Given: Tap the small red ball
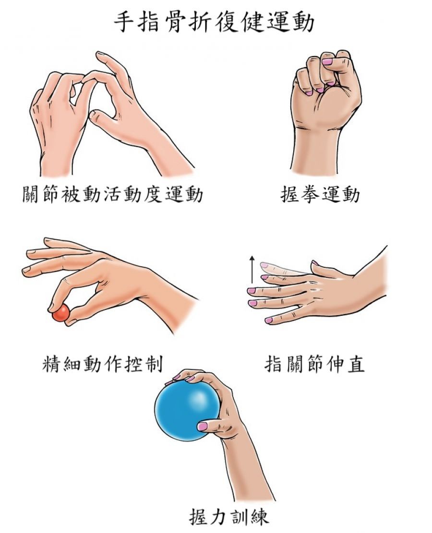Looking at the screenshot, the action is point(61,313).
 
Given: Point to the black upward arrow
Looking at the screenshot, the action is point(252,269).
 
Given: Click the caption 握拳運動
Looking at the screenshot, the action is point(320,195).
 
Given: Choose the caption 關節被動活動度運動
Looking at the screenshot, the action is point(113,195).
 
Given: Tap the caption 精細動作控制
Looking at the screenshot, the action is point(103,364).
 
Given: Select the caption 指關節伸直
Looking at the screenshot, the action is point(314,364).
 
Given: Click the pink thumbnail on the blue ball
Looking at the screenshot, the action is point(203,426).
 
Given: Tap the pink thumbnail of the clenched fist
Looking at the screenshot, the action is point(327,62).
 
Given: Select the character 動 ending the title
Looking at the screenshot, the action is point(303,23).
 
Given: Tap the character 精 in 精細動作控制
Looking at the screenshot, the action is point(52,364).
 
